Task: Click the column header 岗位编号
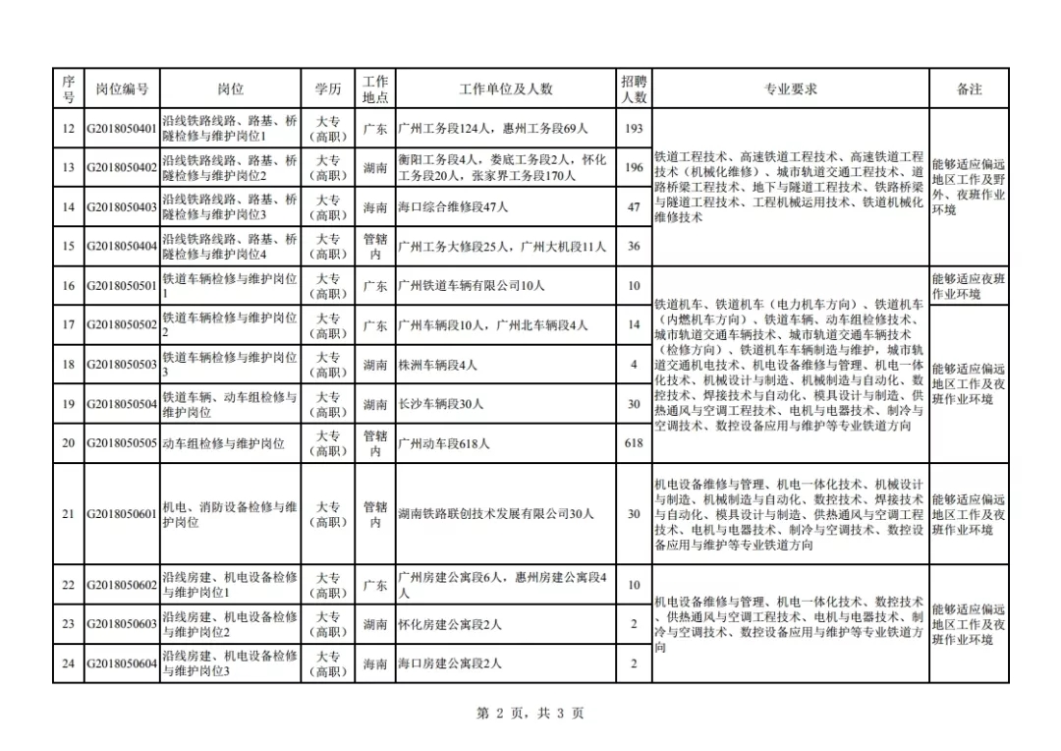coord(122,89)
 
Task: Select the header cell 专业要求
coord(790,89)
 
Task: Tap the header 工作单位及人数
coord(505,89)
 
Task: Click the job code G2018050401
coord(122,129)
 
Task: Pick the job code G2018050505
coord(122,443)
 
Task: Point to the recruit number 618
coord(634,443)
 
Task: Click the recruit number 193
coord(634,129)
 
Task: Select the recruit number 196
coord(634,168)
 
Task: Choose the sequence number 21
coord(68,514)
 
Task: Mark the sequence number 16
coord(68,286)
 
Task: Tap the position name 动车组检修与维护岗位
coord(223,443)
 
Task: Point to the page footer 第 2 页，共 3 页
coord(530,714)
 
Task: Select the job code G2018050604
coord(122,664)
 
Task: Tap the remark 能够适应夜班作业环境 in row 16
coord(969,286)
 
